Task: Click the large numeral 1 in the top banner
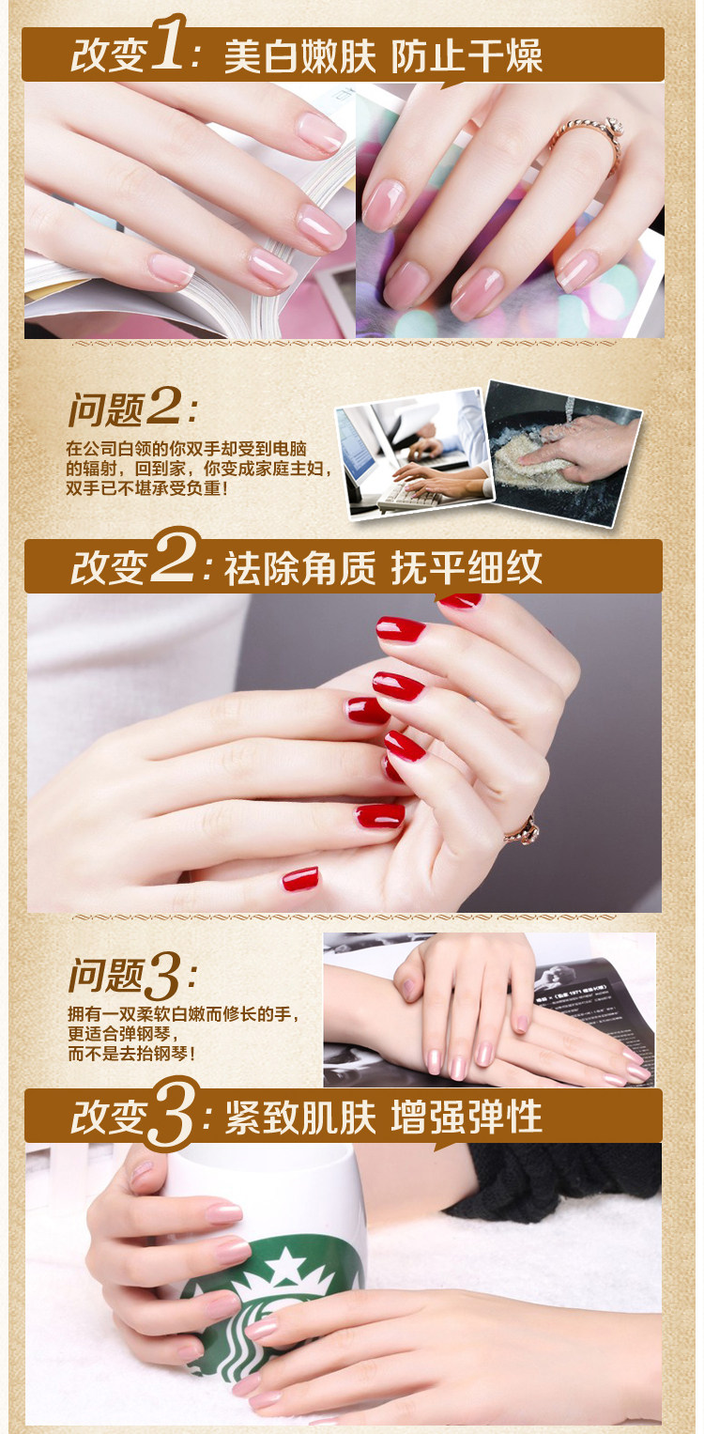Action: [x=168, y=44]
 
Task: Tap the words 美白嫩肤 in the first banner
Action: [x=299, y=56]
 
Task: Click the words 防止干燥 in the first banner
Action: [x=467, y=56]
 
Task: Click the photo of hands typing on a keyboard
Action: [x=415, y=452]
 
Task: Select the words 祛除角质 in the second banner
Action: [x=299, y=567]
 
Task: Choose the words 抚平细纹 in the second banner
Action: [x=467, y=567]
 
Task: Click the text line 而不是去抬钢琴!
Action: [x=131, y=1054]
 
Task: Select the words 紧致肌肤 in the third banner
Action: [x=299, y=1118]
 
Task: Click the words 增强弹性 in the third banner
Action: [x=467, y=1118]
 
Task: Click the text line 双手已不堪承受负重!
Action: [x=147, y=488]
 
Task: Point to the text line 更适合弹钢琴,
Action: [x=123, y=1034]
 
